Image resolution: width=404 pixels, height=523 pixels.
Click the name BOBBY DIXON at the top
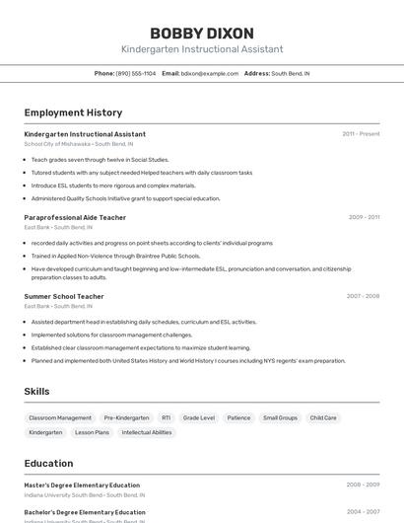tap(202, 33)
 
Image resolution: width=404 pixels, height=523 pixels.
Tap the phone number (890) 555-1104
tap(136, 74)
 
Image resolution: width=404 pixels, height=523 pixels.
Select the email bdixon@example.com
tap(210, 74)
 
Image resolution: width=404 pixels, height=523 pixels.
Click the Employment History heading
tap(73, 112)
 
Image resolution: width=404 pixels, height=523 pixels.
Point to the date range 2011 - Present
tap(361, 134)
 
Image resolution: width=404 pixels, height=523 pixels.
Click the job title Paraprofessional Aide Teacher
tap(75, 217)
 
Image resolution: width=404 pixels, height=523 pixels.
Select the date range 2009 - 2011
tap(364, 217)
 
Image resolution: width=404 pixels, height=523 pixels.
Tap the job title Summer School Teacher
tap(64, 296)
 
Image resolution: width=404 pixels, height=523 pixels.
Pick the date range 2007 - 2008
tap(363, 296)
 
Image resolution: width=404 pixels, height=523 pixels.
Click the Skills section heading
tap(36, 392)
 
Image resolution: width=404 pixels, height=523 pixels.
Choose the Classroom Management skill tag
tap(60, 417)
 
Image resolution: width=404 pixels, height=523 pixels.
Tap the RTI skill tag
tap(166, 417)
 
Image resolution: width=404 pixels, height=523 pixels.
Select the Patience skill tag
tap(238, 417)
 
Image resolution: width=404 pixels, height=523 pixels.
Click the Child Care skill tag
tap(323, 417)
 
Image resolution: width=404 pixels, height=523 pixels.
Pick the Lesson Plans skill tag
tap(92, 432)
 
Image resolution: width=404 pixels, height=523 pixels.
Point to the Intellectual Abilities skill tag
tap(147, 432)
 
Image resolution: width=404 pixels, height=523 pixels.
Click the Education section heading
tap(48, 463)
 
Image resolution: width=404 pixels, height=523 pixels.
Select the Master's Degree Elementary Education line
tap(82, 486)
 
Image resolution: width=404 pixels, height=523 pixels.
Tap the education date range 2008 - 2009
tap(363, 486)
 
